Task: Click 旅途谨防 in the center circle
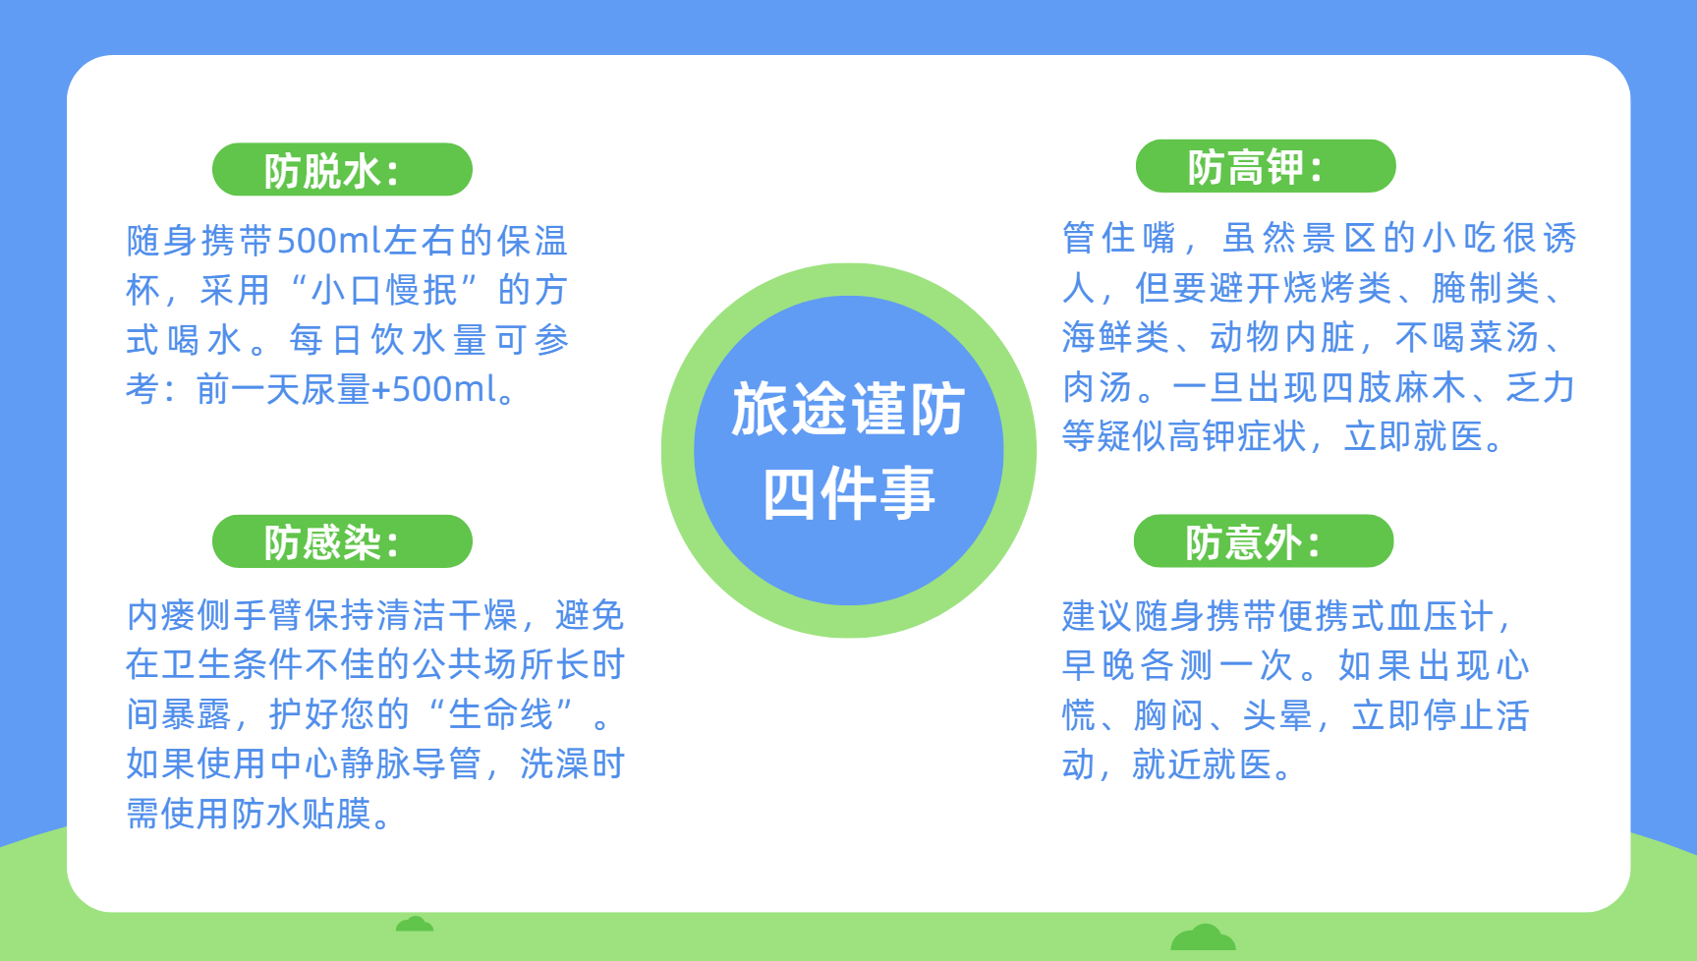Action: [849, 409]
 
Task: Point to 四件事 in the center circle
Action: [849, 492]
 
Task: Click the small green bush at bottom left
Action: [415, 924]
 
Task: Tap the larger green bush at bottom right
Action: [1203, 936]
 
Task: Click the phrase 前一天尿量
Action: [283, 389]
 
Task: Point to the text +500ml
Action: [435, 389]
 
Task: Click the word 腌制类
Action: [1486, 288]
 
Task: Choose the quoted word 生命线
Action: [501, 714]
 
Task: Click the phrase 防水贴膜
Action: [302, 814]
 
